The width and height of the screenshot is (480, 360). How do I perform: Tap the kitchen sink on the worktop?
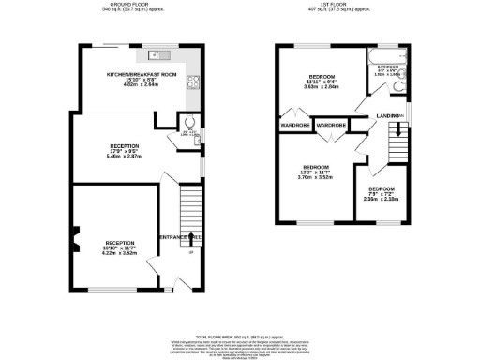pos(158,53)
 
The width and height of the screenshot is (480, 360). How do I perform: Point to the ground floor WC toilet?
pos(189,121)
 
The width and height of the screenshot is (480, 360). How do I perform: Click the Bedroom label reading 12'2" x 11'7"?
pos(317,173)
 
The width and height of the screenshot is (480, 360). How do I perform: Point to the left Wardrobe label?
pos(294,125)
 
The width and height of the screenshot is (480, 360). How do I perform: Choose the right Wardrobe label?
pos(332,125)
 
